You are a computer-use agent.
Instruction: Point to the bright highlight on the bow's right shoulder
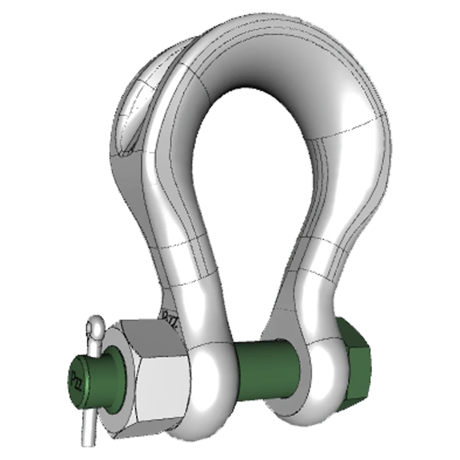point(359,110)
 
